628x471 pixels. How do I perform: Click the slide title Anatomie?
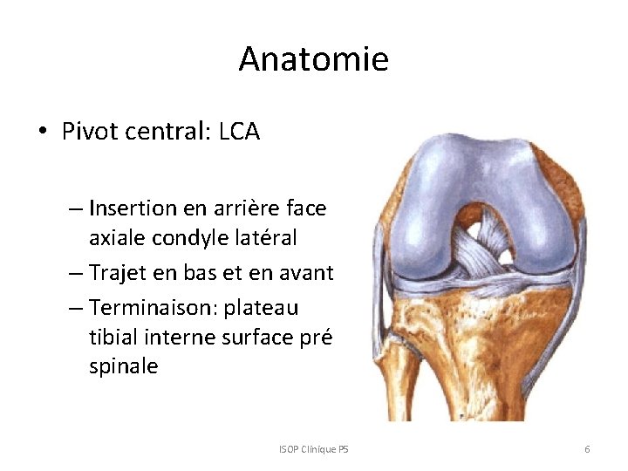pyautogui.click(x=313, y=59)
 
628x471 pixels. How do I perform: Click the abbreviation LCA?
pyautogui.click(x=239, y=132)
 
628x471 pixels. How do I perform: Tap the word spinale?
pyautogui.click(x=123, y=366)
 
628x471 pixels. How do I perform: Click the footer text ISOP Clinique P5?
pyautogui.click(x=313, y=449)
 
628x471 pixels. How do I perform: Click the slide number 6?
pyautogui.click(x=587, y=449)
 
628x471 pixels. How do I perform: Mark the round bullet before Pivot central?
pyautogui.click(x=42, y=133)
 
